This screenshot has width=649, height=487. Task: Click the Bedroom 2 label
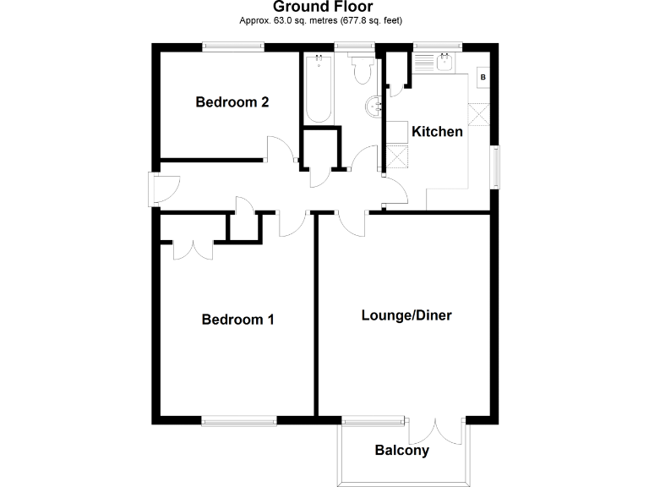(x=232, y=102)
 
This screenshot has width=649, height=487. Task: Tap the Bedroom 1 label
(x=237, y=320)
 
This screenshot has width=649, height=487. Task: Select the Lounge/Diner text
(x=406, y=315)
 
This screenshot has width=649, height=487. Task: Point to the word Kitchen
(x=436, y=131)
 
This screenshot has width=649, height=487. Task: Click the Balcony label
(x=401, y=451)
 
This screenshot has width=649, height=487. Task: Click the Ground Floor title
(x=324, y=8)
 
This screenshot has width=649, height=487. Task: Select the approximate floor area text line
(x=324, y=23)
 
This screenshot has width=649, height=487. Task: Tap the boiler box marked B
(x=483, y=78)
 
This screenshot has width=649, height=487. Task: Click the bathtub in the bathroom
(x=318, y=88)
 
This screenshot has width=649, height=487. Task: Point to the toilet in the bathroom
(x=362, y=69)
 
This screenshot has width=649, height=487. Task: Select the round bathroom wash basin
(x=374, y=106)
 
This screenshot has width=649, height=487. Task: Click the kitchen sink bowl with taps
(x=444, y=61)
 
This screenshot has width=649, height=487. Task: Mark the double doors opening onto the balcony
(x=436, y=430)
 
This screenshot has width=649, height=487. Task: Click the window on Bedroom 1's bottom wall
(x=238, y=419)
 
